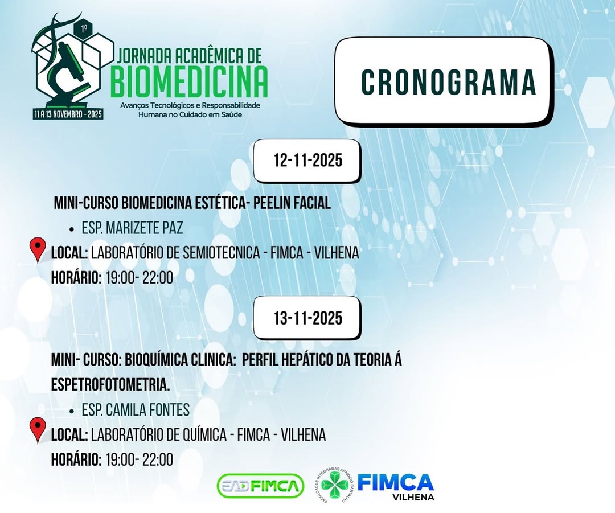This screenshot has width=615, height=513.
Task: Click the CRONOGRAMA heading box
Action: click(x=442, y=81)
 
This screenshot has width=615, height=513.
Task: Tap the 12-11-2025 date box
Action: click(x=307, y=161)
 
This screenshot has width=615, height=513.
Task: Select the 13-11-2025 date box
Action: click(x=307, y=318)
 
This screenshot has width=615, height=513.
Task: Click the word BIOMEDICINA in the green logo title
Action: click(x=189, y=81)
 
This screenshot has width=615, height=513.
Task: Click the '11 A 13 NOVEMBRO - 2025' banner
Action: click(x=68, y=114)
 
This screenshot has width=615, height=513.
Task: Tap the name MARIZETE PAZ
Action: click(x=144, y=228)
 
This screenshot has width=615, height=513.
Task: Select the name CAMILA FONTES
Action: click(x=148, y=410)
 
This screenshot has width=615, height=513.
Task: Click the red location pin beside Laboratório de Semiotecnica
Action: click(x=38, y=249)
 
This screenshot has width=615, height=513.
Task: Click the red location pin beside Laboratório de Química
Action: click(x=38, y=430)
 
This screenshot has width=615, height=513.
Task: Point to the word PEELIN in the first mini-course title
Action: click(x=272, y=203)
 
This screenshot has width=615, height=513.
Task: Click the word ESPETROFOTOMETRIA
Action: click(x=110, y=385)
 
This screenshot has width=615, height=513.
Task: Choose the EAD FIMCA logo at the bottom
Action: click(x=260, y=486)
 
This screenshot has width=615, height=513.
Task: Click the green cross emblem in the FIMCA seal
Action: click(x=335, y=485)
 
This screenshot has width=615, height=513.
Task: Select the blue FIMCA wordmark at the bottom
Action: click(x=395, y=482)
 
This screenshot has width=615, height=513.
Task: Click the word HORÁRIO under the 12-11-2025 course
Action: click(x=76, y=278)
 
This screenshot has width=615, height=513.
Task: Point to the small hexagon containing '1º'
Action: click(x=84, y=28)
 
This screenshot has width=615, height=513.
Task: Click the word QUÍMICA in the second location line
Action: click(x=204, y=434)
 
